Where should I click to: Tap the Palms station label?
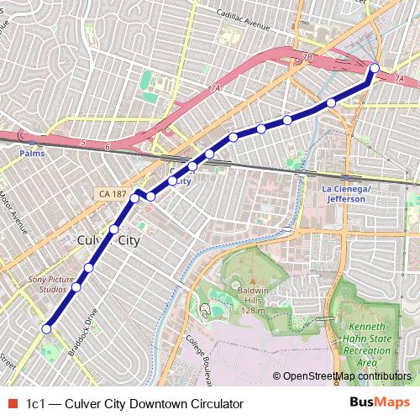click(32, 154)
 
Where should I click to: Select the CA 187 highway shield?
click(112, 194)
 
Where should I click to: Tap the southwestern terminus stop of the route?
click(47, 328)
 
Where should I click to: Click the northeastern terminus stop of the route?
click(375, 68)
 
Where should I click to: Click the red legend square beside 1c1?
click(11, 404)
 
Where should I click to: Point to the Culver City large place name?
click(108, 240)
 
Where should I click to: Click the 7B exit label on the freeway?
click(307, 58)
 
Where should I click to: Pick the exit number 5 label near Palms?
click(84, 144)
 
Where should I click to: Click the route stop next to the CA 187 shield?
click(134, 198)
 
